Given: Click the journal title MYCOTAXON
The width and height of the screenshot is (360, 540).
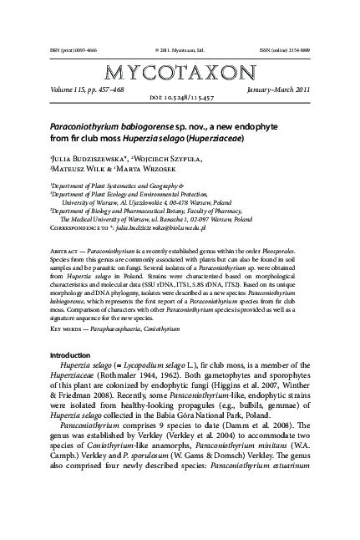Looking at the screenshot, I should (x=180, y=73).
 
